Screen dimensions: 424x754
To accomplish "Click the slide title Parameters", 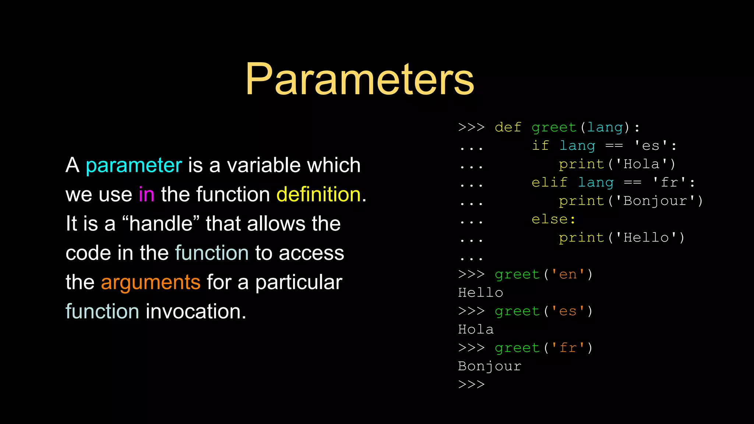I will click(x=360, y=79).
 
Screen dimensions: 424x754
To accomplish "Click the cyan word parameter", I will click(x=134, y=166).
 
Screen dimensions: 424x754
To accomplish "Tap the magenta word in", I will click(x=146, y=194).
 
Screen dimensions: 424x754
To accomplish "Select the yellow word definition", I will click(x=318, y=194).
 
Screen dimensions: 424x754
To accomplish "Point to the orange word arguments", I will click(x=151, y=283).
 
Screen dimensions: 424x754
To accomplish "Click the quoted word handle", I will click(x=161, y=224).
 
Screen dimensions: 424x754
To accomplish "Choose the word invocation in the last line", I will click(x=196, y=311).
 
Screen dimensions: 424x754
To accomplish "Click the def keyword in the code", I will click(x=508, y=127).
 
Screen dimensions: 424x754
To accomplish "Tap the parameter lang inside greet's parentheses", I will click(x=605, y=127).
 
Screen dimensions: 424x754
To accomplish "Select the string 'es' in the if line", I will click(x=651, y=146).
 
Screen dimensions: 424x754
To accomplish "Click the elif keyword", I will click(x=549, y=183).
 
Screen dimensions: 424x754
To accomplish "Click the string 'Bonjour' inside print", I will click(x=655, y=201).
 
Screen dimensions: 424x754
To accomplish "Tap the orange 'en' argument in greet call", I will click(x=568, y=275).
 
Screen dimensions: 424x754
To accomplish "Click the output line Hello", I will click(x=480, y=293).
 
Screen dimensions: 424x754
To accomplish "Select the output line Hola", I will click(x=476, y=330).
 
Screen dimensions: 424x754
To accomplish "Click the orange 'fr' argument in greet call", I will click(x=568, y=348).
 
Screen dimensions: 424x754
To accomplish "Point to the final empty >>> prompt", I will click(x=471, y=385).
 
